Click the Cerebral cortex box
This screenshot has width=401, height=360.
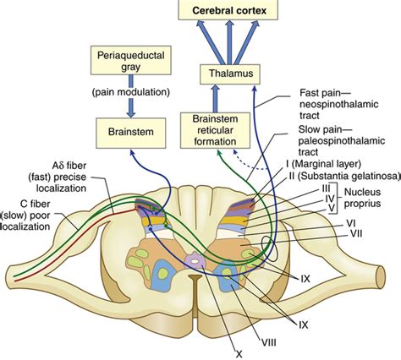tap(228, 10)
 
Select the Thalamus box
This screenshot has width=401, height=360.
tap(230, 74)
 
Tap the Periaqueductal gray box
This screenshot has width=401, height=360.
tap(131, 60)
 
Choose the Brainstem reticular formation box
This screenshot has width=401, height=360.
tap(215, 130)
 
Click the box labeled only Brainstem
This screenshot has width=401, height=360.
tap(131, 133)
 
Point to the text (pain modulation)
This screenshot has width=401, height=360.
tap(131, 92)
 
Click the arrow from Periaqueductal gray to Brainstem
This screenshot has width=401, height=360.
tap(131, 96)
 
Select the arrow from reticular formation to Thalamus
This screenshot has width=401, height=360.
tap(215, 99)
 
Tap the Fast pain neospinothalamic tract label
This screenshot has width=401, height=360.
tap(338, 104)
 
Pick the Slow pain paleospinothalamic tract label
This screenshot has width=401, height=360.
tap(341, 140)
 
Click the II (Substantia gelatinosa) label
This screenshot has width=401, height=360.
tap(344, 176)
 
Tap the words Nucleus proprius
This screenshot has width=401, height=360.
tap(362, 198)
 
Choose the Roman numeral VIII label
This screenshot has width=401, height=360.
tap(268, 342)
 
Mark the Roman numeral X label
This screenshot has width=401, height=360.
tap(239, 354)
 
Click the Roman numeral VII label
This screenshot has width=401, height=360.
tap(356, 233)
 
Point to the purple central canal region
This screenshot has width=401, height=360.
tap(195, 261)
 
